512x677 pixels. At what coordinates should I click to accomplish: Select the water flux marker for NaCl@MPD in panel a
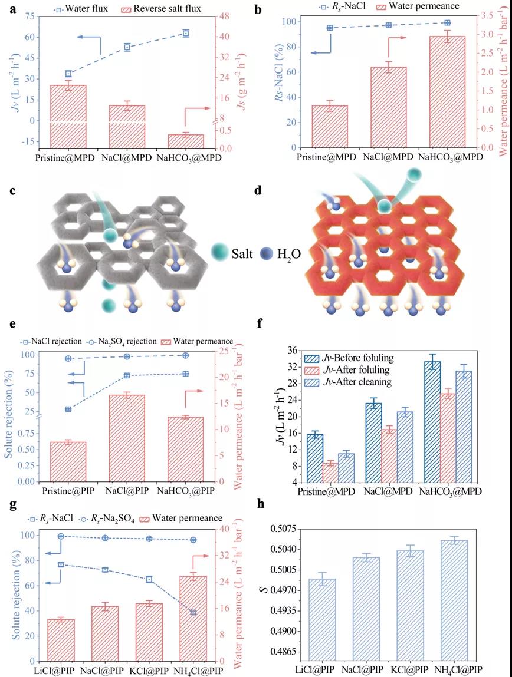[127, 47]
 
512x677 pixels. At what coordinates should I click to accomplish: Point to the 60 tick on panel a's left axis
[26, 37]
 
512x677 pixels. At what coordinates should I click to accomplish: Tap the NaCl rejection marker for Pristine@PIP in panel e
[68, 409]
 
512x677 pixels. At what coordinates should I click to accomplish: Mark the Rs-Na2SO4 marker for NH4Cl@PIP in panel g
[193, 540]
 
